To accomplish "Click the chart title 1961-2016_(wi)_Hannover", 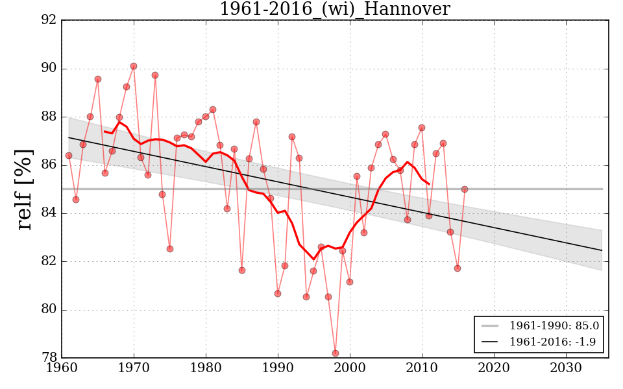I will coord(334,9).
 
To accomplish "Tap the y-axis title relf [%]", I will coord(24,189).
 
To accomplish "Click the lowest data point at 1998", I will coord(336,353).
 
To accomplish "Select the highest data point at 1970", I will coord(134,66).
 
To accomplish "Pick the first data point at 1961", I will coord(69,156).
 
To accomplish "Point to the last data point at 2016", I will coord(465,189).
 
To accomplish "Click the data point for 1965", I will coord(98,79).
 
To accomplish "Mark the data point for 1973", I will coord(155,75).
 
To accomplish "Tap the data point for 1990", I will coord(278,294).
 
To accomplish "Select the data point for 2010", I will coord(422,128).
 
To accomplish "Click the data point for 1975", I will coord(170,249).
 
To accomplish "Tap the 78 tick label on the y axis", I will coord(49,357).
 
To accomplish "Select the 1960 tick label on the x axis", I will coord(62,368).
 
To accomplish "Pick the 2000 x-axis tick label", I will coord(350,368).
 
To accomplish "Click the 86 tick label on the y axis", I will coord(49,165).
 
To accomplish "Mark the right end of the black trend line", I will coord(602,250).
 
